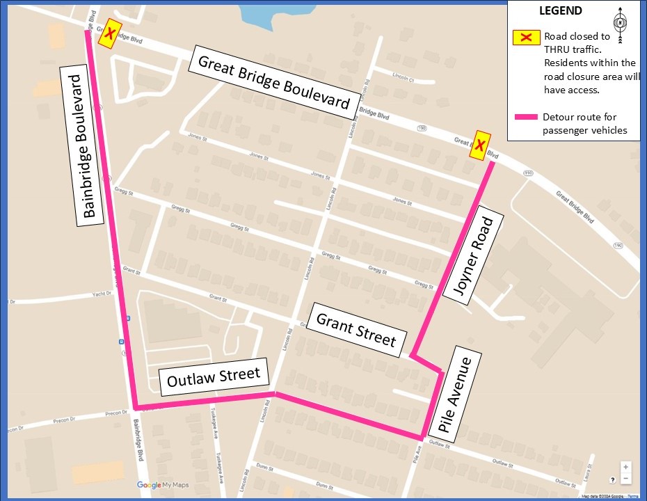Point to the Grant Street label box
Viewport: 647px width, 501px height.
356,329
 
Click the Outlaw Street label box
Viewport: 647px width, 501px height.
214,377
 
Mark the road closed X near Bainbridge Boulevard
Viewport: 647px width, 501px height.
109,33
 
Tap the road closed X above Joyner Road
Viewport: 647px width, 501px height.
479,145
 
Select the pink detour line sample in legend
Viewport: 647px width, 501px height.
527,118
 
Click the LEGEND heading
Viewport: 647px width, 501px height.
561,11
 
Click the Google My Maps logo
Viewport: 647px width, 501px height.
163,484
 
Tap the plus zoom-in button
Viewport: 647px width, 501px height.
626,467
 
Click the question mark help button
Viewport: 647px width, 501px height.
612,479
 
